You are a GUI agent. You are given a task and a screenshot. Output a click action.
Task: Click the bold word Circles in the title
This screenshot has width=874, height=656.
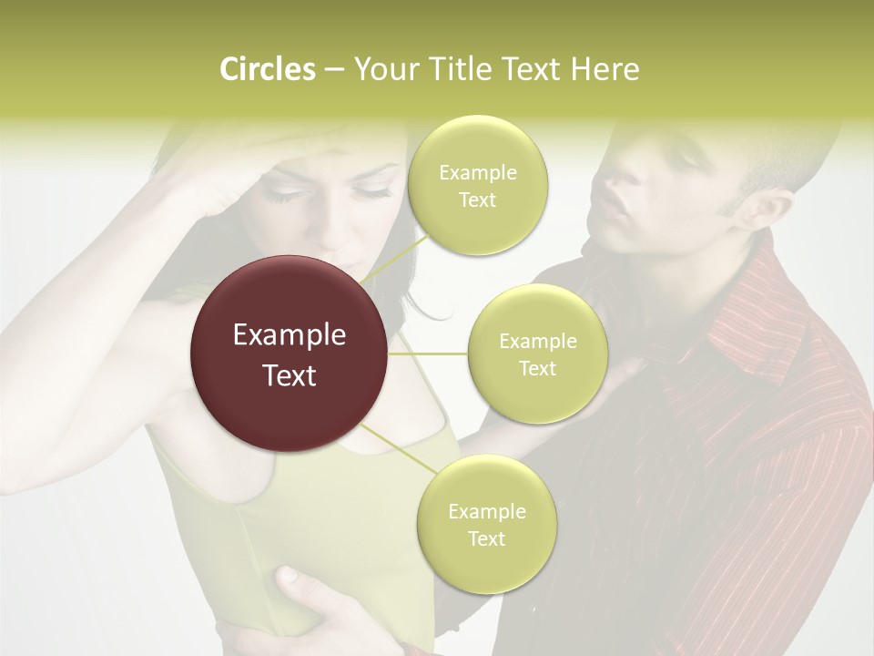267,69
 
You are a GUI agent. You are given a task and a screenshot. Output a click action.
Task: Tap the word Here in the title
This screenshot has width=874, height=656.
605,69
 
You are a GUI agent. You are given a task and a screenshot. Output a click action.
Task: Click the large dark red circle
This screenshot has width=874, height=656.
289,354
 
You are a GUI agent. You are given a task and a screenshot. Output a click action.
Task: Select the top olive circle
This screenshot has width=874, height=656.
477,185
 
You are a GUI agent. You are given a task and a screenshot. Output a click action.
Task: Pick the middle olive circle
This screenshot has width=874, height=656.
537,354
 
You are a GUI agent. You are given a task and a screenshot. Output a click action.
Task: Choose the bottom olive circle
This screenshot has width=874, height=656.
486,524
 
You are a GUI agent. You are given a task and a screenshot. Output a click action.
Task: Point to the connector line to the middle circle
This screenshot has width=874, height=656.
428,354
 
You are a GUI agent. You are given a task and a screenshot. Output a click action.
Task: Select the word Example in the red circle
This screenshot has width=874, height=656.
289,335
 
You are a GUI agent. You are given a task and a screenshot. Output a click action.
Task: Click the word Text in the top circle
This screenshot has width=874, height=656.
477,200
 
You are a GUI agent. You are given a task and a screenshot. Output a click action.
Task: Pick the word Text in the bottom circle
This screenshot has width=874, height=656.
486,538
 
